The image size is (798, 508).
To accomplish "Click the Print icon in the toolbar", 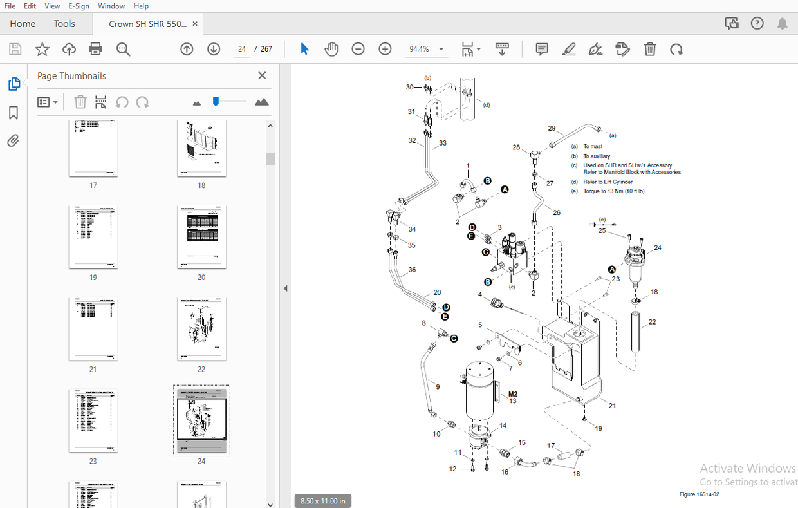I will click(96, 49).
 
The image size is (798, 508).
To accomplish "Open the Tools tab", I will click(64, 24).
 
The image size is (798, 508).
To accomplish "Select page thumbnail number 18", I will click(201, 149).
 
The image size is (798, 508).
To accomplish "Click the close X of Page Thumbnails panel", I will click(262, 75).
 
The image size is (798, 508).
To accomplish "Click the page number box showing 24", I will click(242, 49).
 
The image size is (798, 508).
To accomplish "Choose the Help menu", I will click(141, 6).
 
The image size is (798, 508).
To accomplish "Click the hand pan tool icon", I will click(331, 49).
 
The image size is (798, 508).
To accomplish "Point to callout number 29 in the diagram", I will click(552, 128).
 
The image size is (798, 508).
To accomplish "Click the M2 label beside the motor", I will click(513, 393).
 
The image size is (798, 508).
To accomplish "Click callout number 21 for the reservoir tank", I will click(612, 406).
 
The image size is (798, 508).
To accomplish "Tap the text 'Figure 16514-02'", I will click(699, 494).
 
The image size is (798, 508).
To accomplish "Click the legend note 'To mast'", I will click(593, 147).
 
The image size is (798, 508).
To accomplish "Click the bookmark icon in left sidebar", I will click(14, 113).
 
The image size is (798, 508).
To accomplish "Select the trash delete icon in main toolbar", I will click(650, 49).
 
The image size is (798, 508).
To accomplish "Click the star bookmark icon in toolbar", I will click(42, 49).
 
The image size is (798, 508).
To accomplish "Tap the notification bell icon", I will click(782, 24).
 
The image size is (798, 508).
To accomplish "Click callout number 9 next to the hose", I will click(438, 387).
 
